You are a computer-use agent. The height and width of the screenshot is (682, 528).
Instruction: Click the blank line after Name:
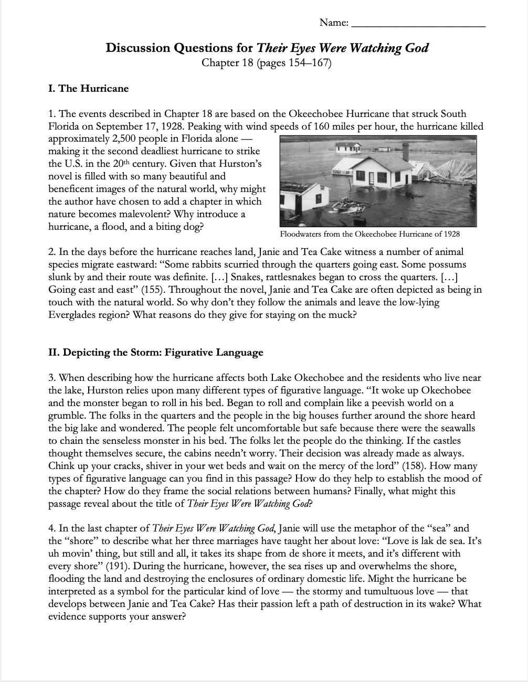point(418,24)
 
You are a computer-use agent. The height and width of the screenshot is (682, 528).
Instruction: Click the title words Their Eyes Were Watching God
point(342,48)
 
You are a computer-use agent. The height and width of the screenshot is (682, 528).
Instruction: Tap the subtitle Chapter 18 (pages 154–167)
point(267,63)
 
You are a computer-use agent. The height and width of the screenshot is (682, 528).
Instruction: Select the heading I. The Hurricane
point(88,88)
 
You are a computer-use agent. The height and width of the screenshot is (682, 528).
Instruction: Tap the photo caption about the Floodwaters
point(370,233)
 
